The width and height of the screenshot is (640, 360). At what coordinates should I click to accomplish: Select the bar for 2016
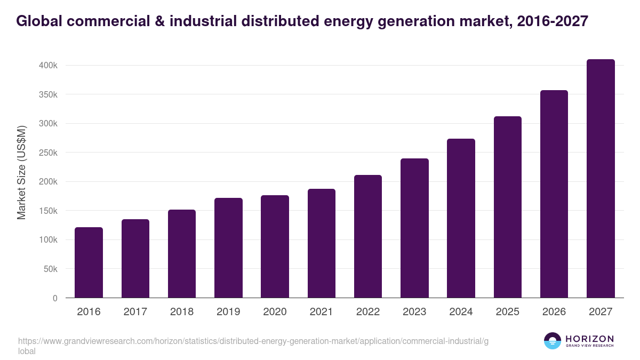coord(89,262)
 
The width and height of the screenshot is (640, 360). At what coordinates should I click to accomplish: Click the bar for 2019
coord(228,248)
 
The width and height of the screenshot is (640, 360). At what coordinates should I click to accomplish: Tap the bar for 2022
coord(368,236)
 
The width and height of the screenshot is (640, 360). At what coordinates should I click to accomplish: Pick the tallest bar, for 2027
coord(601,179)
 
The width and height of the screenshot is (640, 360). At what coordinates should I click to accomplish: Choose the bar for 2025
coord(507,207)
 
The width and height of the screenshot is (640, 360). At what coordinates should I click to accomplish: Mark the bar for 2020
coord(275,246)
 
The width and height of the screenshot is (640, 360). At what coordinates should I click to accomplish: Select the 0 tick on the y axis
coord(55,298)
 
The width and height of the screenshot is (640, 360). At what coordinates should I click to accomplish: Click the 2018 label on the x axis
coord(182,312)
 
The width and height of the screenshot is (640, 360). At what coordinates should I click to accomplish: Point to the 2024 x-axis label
coord(461,312)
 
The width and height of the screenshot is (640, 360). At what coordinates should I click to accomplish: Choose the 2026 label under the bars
coord(554,312)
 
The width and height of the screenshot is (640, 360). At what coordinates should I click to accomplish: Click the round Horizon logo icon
coord(553,341)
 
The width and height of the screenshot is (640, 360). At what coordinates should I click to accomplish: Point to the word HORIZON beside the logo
coord(589,339)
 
